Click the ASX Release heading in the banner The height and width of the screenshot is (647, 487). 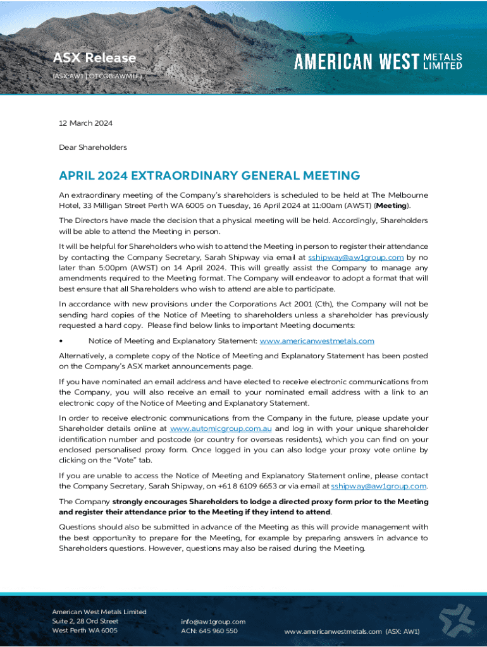(x=94, y=58)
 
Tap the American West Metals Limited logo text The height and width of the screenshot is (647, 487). (x=378, y=61)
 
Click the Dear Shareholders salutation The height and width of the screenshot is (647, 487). (x=93, y=147)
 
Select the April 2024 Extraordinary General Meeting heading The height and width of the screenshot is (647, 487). (x=209, y=176)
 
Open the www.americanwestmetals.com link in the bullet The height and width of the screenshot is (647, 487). (x=317, y=341)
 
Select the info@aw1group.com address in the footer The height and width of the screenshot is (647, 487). (x=213, y=621)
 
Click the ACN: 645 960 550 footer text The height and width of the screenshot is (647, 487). (x=209, y=631)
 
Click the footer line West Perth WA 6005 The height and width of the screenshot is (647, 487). (x=84, y=631)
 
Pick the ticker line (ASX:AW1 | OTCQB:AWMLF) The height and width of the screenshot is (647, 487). (x=97, y=76)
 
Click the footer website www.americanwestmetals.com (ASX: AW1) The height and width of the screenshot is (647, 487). (x=352, y=631)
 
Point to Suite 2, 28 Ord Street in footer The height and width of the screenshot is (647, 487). (x=85, y=621)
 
